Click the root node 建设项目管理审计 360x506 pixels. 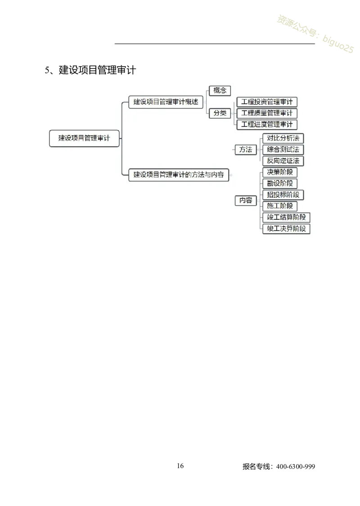[x=84, y=138]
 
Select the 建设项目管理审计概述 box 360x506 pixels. [x=166, y=102]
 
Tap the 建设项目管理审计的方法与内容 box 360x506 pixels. [x=179, y=175]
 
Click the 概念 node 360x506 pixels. [x=220, y=90]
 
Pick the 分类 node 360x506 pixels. [x=220, y=113]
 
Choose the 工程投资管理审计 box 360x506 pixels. [x=267, y=102]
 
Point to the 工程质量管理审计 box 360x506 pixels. [x=267, y=113]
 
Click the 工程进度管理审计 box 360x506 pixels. [x=267, y=124]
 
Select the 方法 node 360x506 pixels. [x=246, y=149]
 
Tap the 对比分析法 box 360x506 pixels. [x=283, y=138]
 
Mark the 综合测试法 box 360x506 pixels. [x=283, y=149]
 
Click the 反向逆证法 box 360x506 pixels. [x=283, y=161]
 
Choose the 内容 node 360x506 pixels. [x=246, y=200]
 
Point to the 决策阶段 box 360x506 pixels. [x=279, y=172]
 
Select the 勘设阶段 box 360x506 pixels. [x=279, y=183]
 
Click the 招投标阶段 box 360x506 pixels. [x=283, y=195]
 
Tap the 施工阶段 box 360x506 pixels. [x=279, y=206]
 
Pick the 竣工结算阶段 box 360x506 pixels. [x=286, y=217]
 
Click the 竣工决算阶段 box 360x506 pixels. [x=286, y=229]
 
